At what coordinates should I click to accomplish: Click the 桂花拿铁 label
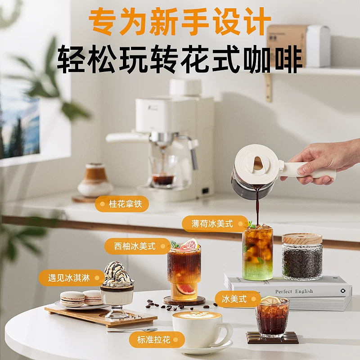point(122,204)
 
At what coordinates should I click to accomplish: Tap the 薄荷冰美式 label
point(215,224)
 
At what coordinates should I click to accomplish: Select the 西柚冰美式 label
point(138,246)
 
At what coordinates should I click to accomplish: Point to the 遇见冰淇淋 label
point(72,278)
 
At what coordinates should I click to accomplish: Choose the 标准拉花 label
point(157,340)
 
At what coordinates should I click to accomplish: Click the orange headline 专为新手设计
point(180,22)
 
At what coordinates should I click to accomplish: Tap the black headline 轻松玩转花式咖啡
point(180,59)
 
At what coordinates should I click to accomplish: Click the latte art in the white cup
point(197,315)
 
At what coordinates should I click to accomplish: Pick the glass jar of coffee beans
point(302,257)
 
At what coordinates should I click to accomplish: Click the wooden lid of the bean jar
point(302,239)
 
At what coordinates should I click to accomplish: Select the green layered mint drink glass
point(257,252)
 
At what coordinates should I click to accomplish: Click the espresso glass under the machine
point(163,171)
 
